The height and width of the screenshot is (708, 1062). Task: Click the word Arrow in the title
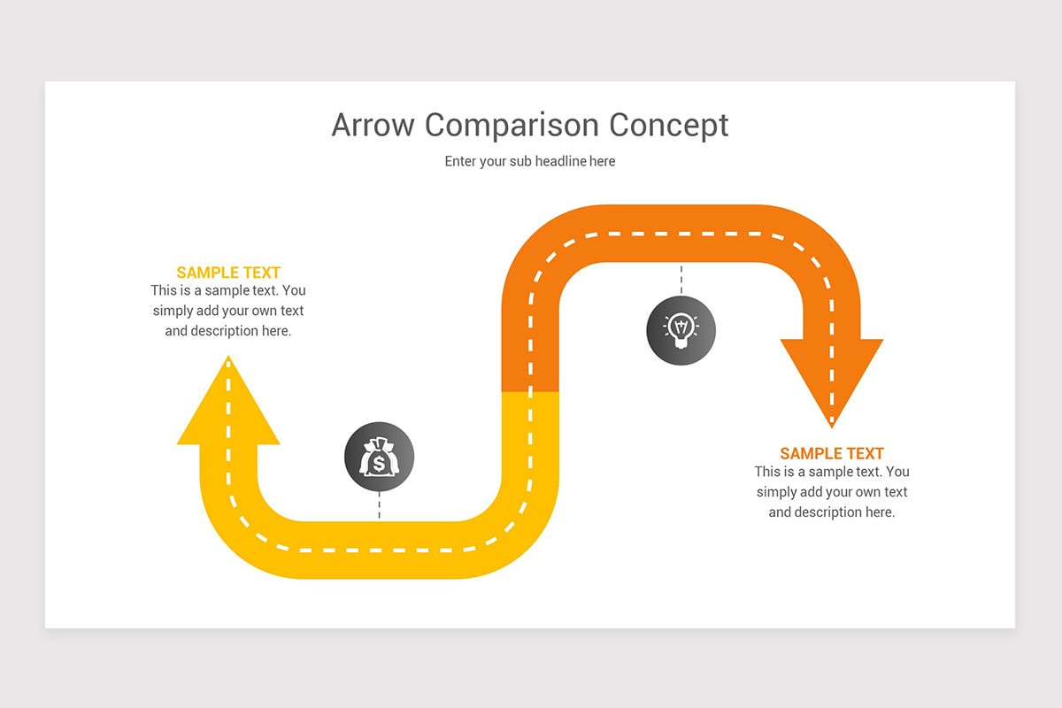pos(373,125)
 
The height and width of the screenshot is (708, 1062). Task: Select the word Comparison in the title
pos(500,125)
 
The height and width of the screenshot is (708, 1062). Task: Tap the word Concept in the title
pos(657,125)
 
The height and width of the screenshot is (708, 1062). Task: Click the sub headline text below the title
pos(529,161)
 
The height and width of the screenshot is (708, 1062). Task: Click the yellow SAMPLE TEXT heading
pos(228,273)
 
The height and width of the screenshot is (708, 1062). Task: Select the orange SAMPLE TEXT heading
pos(832,453)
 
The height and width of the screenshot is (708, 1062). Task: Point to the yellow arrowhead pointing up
pos(228,407)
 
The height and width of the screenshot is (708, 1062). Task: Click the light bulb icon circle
pos(681,330)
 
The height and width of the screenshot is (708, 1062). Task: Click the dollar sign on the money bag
pos(379,463)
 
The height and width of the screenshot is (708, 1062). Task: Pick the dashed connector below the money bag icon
pos(379,506)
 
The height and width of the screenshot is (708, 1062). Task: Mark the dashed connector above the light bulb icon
pos(681,279)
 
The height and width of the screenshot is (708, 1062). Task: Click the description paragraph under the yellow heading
pos(228,311)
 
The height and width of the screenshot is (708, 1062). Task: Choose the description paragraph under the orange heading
pos(832,492)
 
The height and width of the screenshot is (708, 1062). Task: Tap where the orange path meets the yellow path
pos(530,391)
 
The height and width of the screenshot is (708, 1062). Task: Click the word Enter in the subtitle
pos(460,161)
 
